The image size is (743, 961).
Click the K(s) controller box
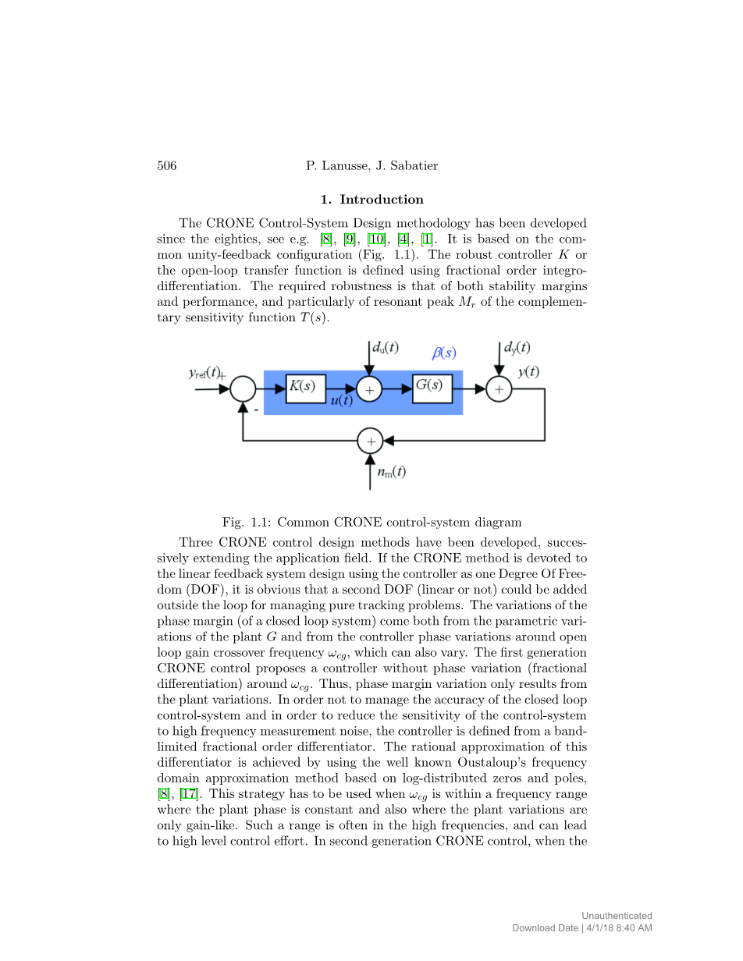click(305, 388)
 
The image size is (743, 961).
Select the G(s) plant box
click(432, 388)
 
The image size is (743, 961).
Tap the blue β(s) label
click(444, 353)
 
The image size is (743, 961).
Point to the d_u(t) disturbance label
click(386, 348)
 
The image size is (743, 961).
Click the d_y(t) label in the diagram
click(517, 348)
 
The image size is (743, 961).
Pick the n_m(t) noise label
click(391, 472)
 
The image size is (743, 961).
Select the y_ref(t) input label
click(205, 373)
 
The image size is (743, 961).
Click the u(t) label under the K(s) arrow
click(341, 400)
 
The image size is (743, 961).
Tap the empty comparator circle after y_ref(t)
click(244, 388)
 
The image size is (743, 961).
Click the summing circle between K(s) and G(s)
click(369, 388)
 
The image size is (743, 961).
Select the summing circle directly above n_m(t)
click(370, 441)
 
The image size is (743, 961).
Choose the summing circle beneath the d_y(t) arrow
click(499, 388)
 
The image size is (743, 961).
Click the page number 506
click(167, 165)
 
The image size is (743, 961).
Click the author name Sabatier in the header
click(414, 165)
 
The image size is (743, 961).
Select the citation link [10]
click(377, 239)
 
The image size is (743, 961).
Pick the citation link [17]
click(188, 794)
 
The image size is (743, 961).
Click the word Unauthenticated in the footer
click(617, 916)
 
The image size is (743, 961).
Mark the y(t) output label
click(528, 373)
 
